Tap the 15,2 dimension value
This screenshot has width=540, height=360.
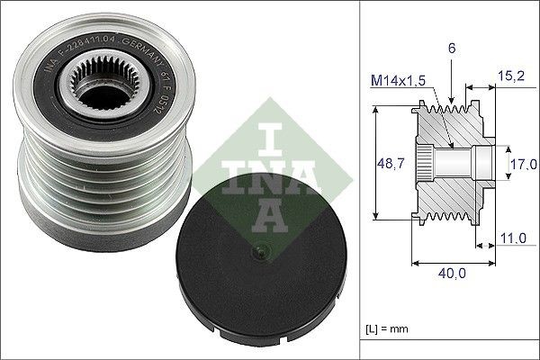(x=511, y=76)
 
